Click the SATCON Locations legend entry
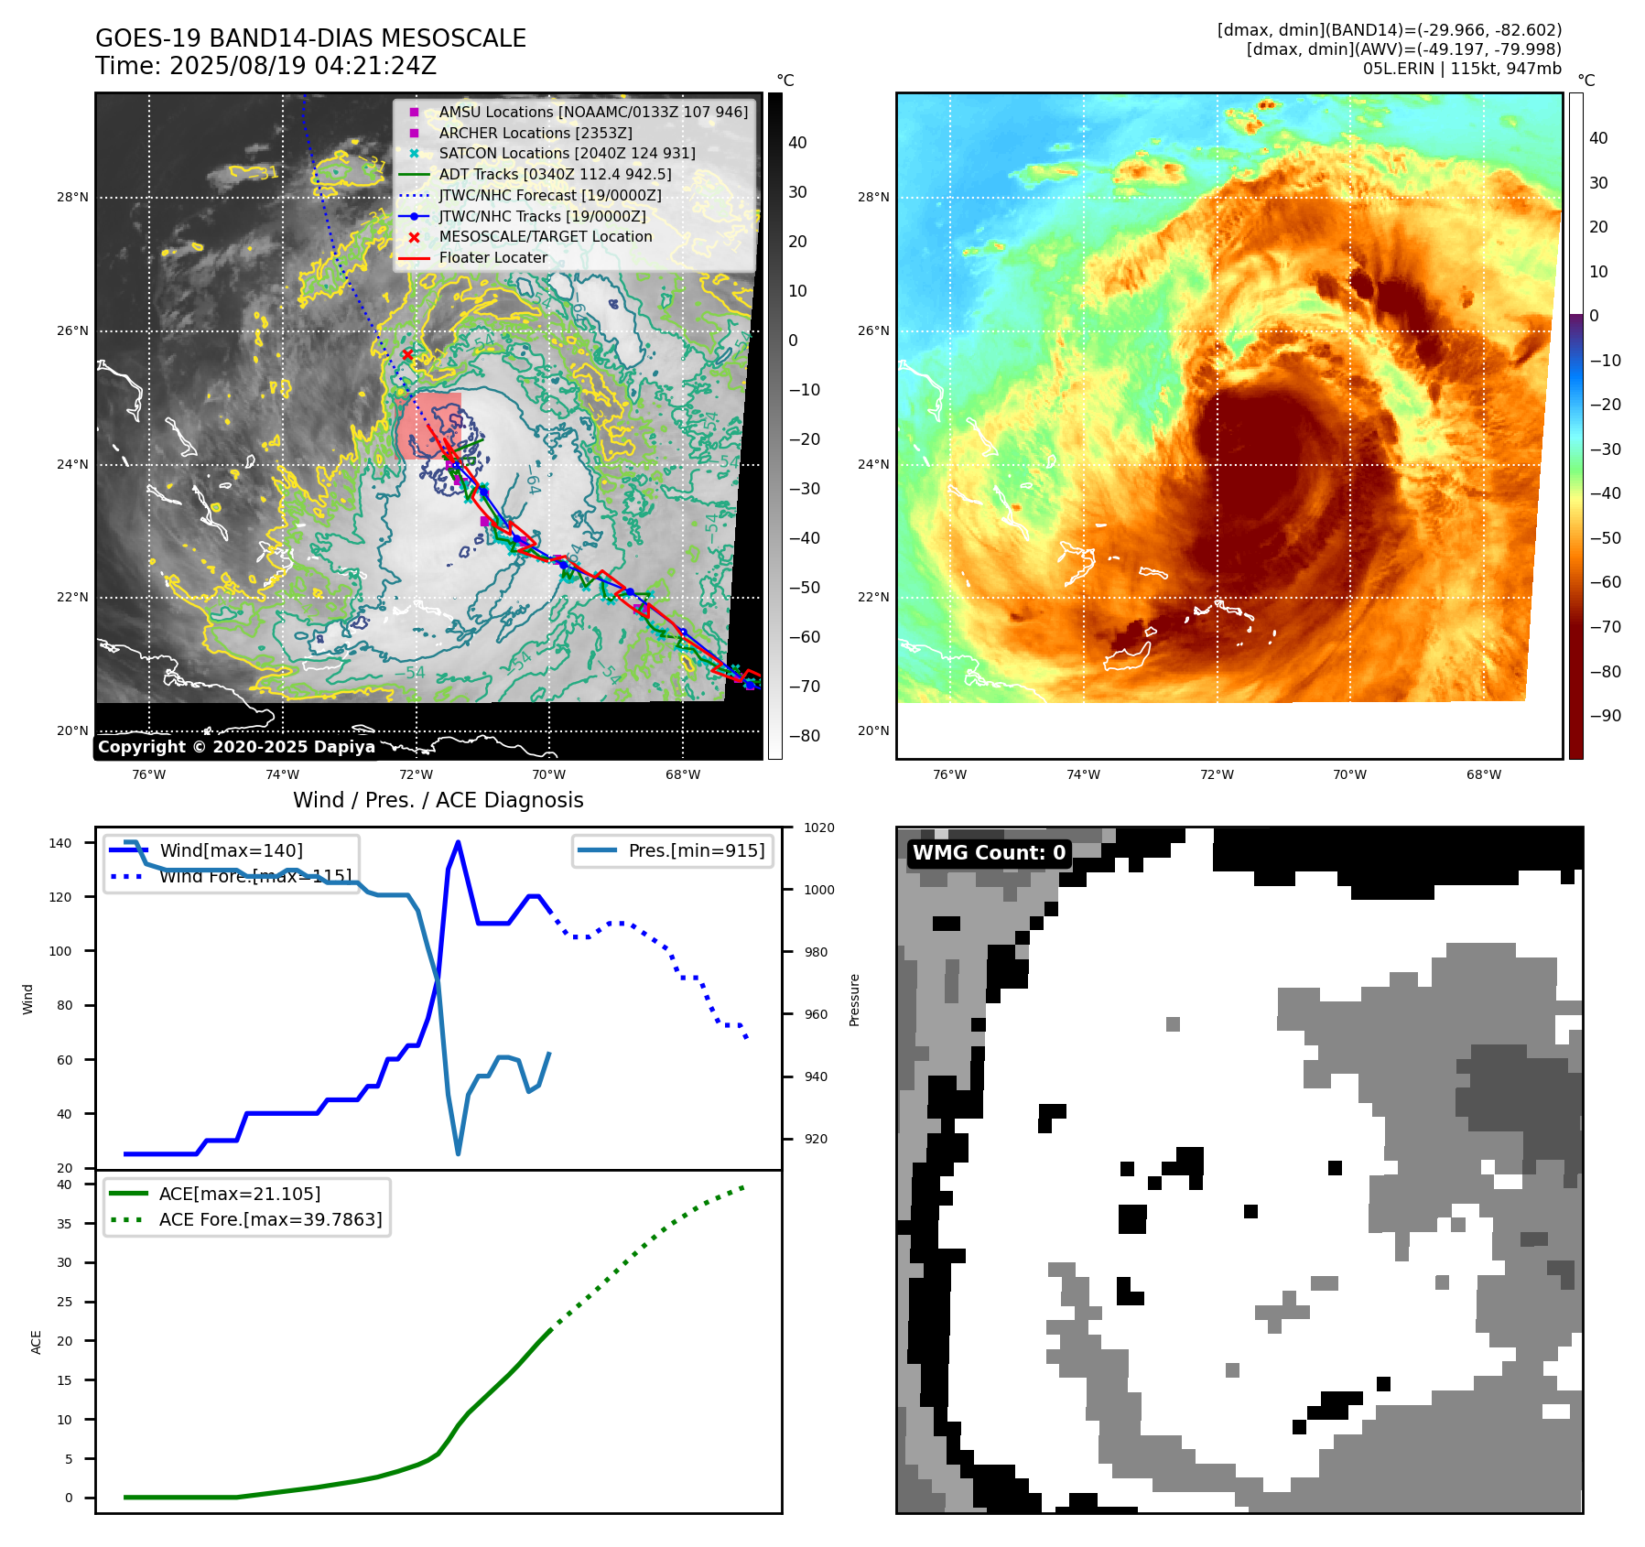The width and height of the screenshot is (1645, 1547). pos(567,154)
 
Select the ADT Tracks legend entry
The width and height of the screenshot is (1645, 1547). pos(555,174)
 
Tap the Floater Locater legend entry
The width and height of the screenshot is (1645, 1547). pos(492,258)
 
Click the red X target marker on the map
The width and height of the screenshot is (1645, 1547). pos(407,354)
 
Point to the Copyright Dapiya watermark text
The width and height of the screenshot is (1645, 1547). pos(236,747)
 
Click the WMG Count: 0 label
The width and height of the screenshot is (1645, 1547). pos(989,853)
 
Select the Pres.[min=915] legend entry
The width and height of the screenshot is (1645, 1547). pos(696,850)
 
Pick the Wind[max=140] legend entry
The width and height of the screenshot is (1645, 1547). pos(231,850)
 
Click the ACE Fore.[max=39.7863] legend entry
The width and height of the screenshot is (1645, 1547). pos(270,1219)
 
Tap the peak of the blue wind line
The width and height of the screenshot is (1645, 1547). pos(458,842)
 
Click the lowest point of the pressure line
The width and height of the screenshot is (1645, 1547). pos(458,1153)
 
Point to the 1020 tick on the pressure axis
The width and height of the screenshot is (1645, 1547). pos(818,828)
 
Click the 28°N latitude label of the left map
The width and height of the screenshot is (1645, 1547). pos(73,197)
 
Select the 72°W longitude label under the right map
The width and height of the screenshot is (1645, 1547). pos(1217,774)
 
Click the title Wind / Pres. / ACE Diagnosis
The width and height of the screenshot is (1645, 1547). pos(438,800)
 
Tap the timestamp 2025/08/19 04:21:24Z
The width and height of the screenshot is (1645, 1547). pos(302,66)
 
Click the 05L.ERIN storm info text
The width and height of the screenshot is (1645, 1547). pos(1461,69)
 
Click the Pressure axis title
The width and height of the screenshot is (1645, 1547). pos(854,1000)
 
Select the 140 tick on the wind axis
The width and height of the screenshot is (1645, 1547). pos(60,843)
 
